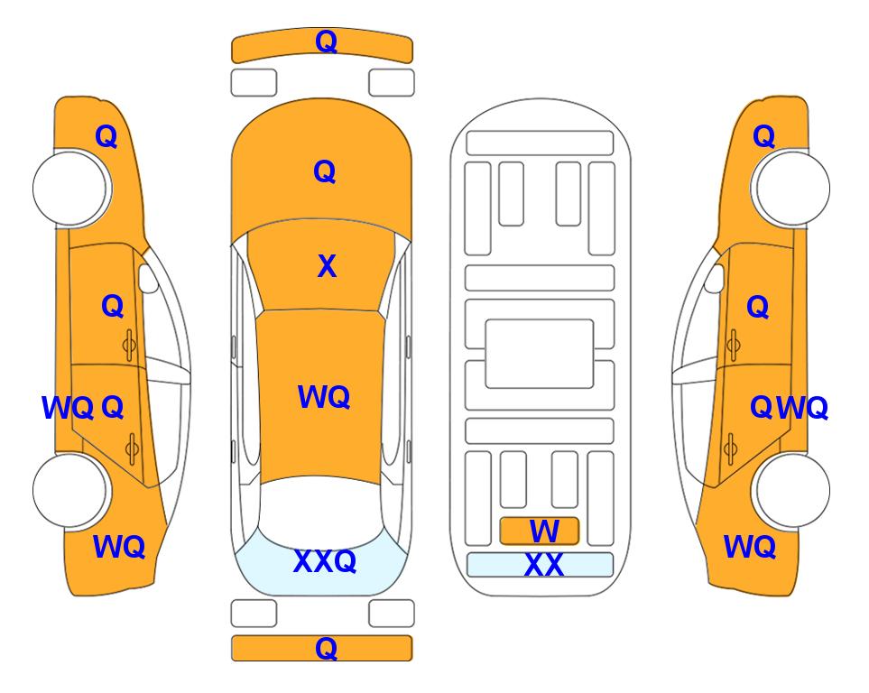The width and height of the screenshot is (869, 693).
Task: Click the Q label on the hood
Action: pyautogui.click(x=325, y=171)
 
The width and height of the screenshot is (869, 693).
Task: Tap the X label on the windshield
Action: pyautogui.click(x=327, y=266)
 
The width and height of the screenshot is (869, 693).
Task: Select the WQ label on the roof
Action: pyautogui.click(x=324, y=397)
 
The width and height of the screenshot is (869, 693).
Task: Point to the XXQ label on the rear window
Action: pyautogui.click(x=325, y=561)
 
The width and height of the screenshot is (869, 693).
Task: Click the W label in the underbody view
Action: pyautogui.click(x=544, y=531)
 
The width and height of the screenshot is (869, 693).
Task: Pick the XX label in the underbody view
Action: pyautogui.click(x=543, y=566)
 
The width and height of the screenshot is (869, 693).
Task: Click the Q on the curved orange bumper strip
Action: pyautogui.click(x=326, y=42)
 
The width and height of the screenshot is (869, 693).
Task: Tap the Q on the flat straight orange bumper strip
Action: pyautogui.click(x=326, y=648)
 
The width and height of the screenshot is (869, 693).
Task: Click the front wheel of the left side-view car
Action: pyautogui.click(x=70, y=188)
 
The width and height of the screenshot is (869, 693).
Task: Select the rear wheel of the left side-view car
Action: pyautogui.click(x=70, y=490)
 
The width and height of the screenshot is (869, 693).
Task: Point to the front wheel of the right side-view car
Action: pyautogui.click(x=792, y=188)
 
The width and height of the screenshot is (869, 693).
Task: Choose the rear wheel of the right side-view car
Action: pyautogui.click(x=792, y=490)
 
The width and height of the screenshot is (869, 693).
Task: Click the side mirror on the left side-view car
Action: pyautogui.click(x=147, y=278)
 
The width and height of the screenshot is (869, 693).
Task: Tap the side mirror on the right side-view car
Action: pyautogui.click(x=715, y=278)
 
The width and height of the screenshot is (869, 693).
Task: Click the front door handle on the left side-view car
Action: pyautogui.click(x=129, y=345)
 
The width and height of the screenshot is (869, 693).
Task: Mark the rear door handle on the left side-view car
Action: pyautogui.click(x=132, y=448)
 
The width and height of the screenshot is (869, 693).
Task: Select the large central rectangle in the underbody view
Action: pyautogui.click(x=540, y=354)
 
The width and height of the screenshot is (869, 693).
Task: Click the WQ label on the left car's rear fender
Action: pyautogui.click(x=119, y=547)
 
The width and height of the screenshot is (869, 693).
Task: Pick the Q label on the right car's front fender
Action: pyautogui.click(x=763, y=136)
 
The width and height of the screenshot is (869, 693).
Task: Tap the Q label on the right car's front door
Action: pyautogui.click(x=758, y=307)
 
